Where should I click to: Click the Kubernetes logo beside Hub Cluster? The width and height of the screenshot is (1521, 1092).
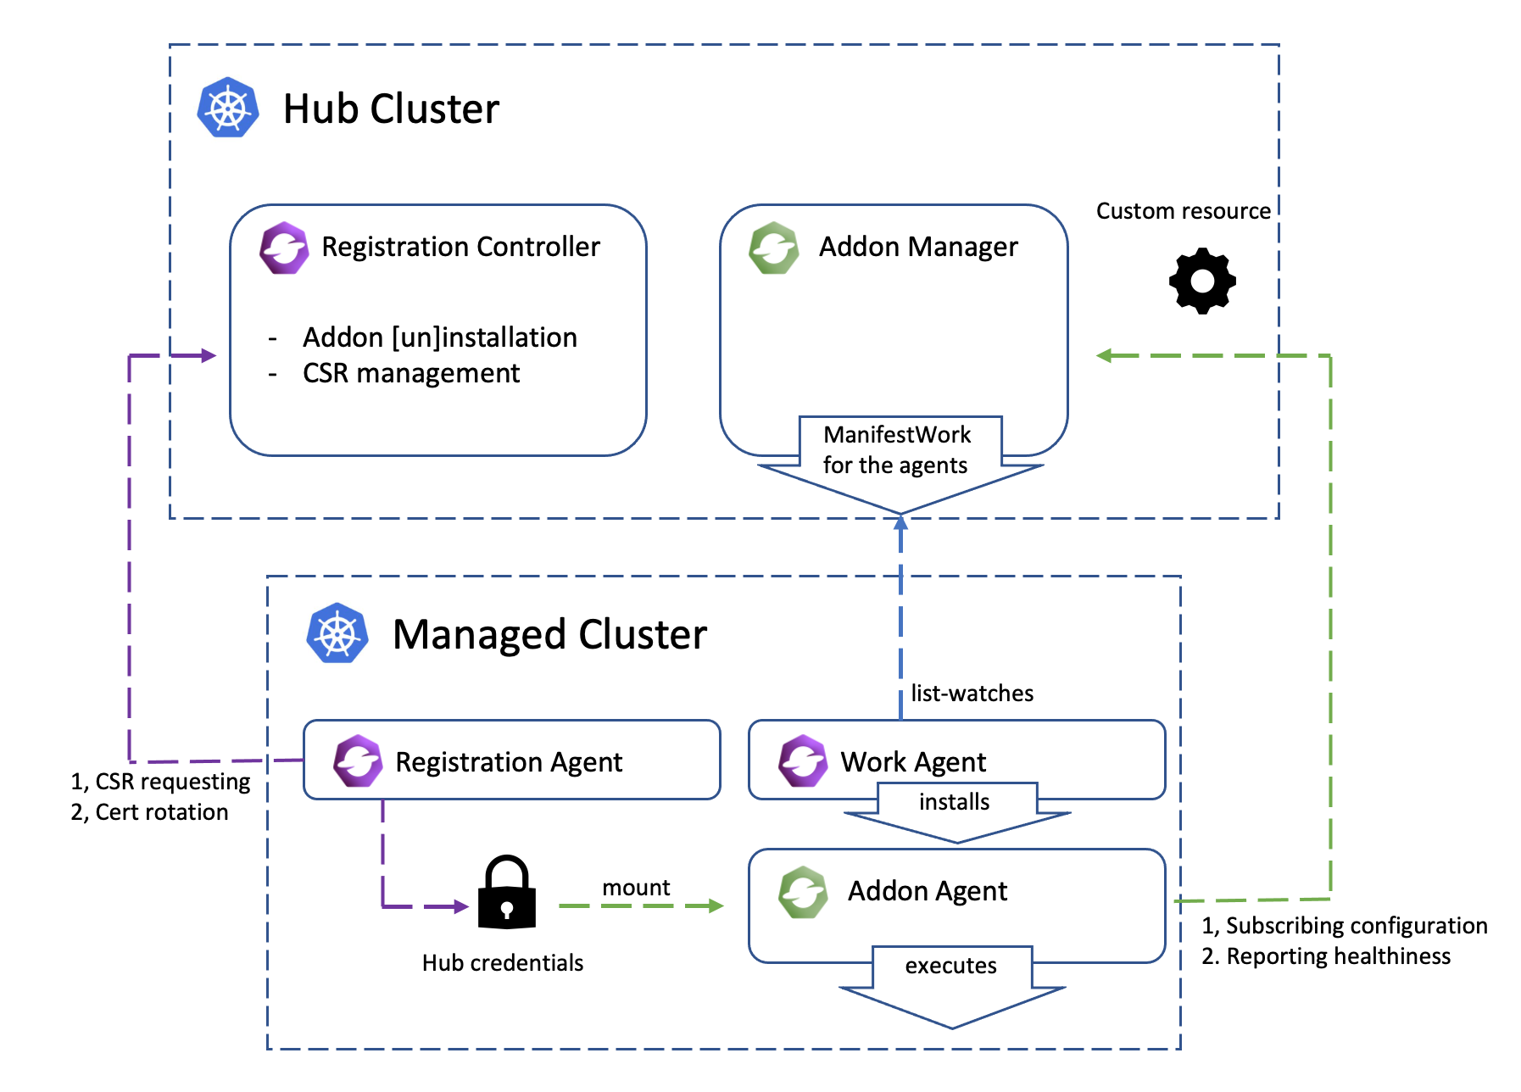pyautogui.click(x=227, y=108)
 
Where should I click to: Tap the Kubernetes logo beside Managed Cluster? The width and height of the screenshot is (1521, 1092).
pyautogui.click(x=337, y=633)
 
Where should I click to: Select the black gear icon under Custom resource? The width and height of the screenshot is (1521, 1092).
pyautogui.click(x=1202, y=281)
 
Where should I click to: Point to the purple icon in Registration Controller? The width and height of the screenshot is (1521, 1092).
pyautogui.click(x=284, y=248)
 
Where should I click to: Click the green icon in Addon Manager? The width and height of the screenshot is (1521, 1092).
pyautogui.click(x=773, y=248)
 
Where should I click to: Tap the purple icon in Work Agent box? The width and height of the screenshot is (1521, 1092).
pyautogui.click(x=802, y=760)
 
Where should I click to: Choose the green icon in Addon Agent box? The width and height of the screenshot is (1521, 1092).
pyautogui.click(x=802, y=892)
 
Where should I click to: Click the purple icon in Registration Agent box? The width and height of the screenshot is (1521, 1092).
pyautogui.click(x=358, y=760)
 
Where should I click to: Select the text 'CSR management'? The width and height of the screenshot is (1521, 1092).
pyautogui.click(x=411, y=373)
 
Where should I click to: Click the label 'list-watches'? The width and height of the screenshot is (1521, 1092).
pyautogui.click(x=972, y=694)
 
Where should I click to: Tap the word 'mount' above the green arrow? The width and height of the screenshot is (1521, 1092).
pyautogui.click(x=636, y=888)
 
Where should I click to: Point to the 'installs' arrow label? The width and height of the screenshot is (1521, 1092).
pyautogui.click(x=954, y=802)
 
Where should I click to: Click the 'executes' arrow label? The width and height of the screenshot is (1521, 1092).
pyautogui.click(x=950, y=966)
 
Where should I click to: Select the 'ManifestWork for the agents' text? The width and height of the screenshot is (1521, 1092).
pyautogui.click(x=896, y=450)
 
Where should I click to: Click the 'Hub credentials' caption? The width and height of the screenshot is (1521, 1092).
pyautogui.click(x=503, y=963)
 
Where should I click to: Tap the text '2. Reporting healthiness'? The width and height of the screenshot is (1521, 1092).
pyautogui.click(x=1325, y=956)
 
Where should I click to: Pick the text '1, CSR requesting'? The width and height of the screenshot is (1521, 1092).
pyautogui.click(x=160, y=782)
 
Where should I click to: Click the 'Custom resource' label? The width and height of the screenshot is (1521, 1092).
pyautogui.click(x=1183, y=211)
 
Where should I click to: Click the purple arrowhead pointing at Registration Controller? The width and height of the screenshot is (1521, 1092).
pyautogui.click(x=209, y=355)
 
